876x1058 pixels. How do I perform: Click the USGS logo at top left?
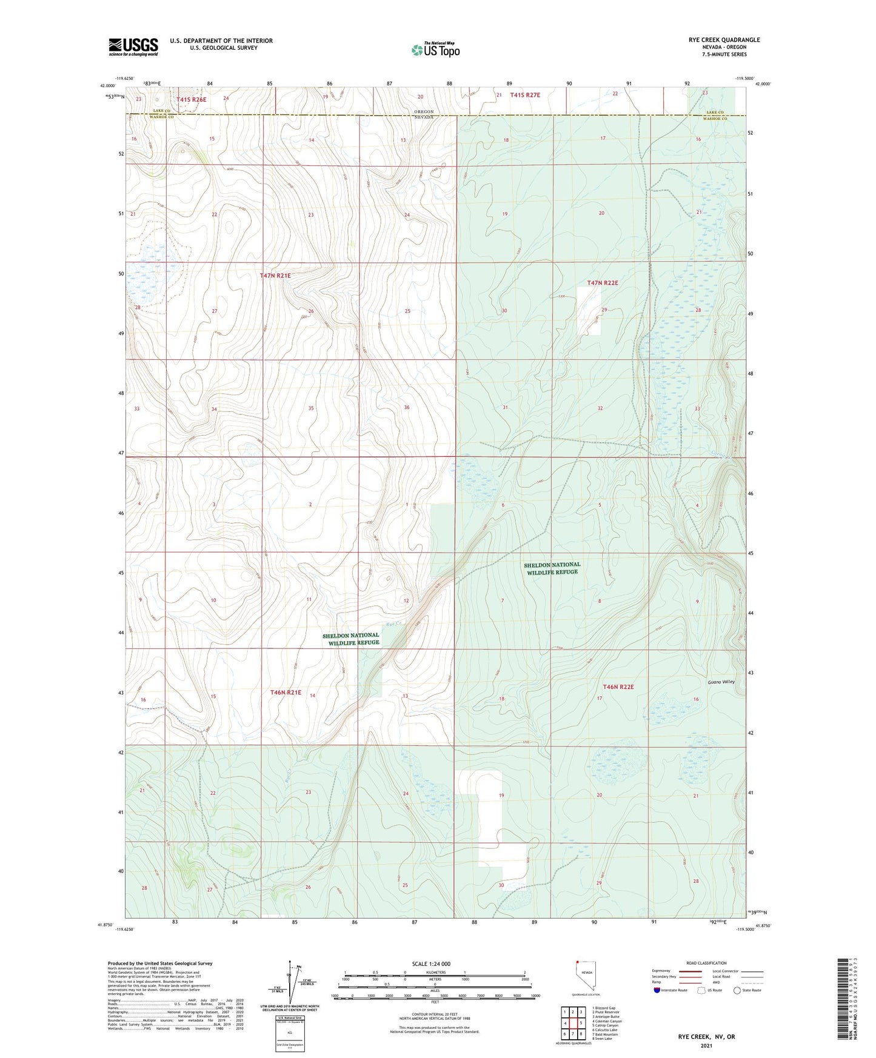pos(133,47)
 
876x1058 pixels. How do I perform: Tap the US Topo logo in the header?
pos(435,50)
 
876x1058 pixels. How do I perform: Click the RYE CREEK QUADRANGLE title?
pos(724,40)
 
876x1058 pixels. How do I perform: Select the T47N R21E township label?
pos(275,276)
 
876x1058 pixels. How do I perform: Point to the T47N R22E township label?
pos(602,283)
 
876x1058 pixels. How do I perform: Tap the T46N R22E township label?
pos(618,687)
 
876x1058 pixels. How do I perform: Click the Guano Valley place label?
pos(721,682)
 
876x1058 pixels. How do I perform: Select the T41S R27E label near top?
pos(524,95)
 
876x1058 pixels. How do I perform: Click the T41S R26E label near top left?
pos(191,99)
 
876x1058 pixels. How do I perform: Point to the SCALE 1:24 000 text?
pos(431,964)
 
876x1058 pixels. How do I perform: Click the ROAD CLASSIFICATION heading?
pos(706,963)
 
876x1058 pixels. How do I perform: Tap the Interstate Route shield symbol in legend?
pos(657,990)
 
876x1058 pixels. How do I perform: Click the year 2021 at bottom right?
pos(706,1046)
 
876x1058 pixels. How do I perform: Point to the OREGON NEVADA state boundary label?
pos(424,115)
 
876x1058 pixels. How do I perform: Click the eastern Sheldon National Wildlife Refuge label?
pos(552,568)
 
